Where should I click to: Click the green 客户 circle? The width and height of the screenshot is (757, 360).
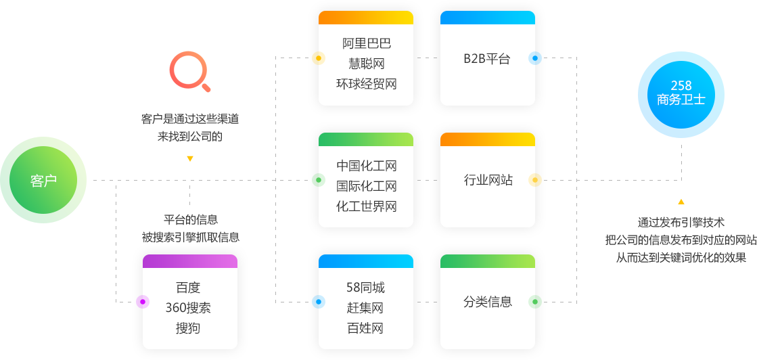tap(43, 180)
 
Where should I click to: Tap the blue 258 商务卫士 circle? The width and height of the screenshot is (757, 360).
tap(681, 93)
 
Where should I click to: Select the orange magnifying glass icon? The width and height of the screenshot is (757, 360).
tap(189, 72)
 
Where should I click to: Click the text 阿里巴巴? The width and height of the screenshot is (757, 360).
tap(366, 44)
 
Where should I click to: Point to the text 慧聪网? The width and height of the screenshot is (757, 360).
tap(366, 64)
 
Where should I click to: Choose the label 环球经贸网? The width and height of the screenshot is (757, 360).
tap(366, 85)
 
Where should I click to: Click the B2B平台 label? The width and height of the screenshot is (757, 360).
tap(487, 59)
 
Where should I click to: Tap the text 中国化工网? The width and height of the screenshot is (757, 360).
tap(366, 166)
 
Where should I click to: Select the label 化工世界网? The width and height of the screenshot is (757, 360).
tap(366, 206)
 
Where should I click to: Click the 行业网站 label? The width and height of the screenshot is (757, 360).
tap(487, 180)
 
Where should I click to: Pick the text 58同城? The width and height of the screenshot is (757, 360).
tap(366, 288)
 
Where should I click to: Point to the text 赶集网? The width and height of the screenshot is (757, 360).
tap(366, 308)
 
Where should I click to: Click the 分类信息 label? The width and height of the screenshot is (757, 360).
tap(487, 302)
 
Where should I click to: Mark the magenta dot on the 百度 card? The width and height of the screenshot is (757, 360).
tap(142, 302)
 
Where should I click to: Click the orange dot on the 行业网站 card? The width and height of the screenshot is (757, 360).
tap(535, 180)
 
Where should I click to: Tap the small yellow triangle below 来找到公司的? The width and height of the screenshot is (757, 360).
tap(190, 159)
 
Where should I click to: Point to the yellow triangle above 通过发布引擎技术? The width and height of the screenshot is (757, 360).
tap(681, 202)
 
